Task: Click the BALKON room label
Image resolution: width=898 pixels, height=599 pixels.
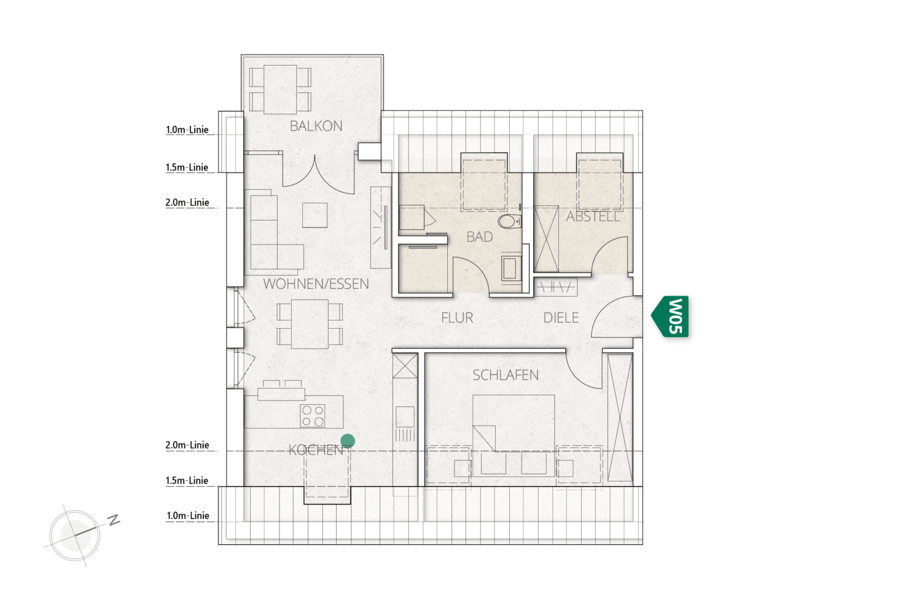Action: click(x=316, y=126)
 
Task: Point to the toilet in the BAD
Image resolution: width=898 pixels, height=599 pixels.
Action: click(x=510, y=221)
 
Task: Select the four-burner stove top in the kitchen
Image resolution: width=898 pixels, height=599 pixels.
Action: click(x=313, y=416)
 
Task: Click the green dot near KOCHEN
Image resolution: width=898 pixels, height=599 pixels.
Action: click(x=348, y=441)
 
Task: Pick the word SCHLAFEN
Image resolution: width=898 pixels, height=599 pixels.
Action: click(x=505, y=375)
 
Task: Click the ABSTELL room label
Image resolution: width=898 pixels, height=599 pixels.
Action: click(x=593, y=216)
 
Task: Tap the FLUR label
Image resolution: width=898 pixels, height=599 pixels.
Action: click(x=457, y=318)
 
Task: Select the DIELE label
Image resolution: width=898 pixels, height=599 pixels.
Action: click(x=561, y=318)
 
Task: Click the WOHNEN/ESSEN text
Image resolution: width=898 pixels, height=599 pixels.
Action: click(x=316, y=284)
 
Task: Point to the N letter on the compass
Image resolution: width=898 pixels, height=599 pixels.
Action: click(x=114, y=520)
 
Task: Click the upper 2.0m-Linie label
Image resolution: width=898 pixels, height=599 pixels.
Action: click(x=187, y=202)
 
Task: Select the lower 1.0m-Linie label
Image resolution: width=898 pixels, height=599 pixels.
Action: click(x=188, y=515)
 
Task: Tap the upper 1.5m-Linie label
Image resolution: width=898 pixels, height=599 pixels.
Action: click(x=187, y=167)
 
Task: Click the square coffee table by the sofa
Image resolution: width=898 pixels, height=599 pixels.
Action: click(x=315, y=215)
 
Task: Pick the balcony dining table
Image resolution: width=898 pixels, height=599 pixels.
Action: click(x=280, y=89)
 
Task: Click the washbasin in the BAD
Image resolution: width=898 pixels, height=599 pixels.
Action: click(x=511, y=268)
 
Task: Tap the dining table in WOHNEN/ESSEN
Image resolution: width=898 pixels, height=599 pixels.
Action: click(x=309, y=323)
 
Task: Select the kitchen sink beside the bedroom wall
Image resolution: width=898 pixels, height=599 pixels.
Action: click(x=405, y=416)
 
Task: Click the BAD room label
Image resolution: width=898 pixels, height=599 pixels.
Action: click(x=479, y=237)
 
